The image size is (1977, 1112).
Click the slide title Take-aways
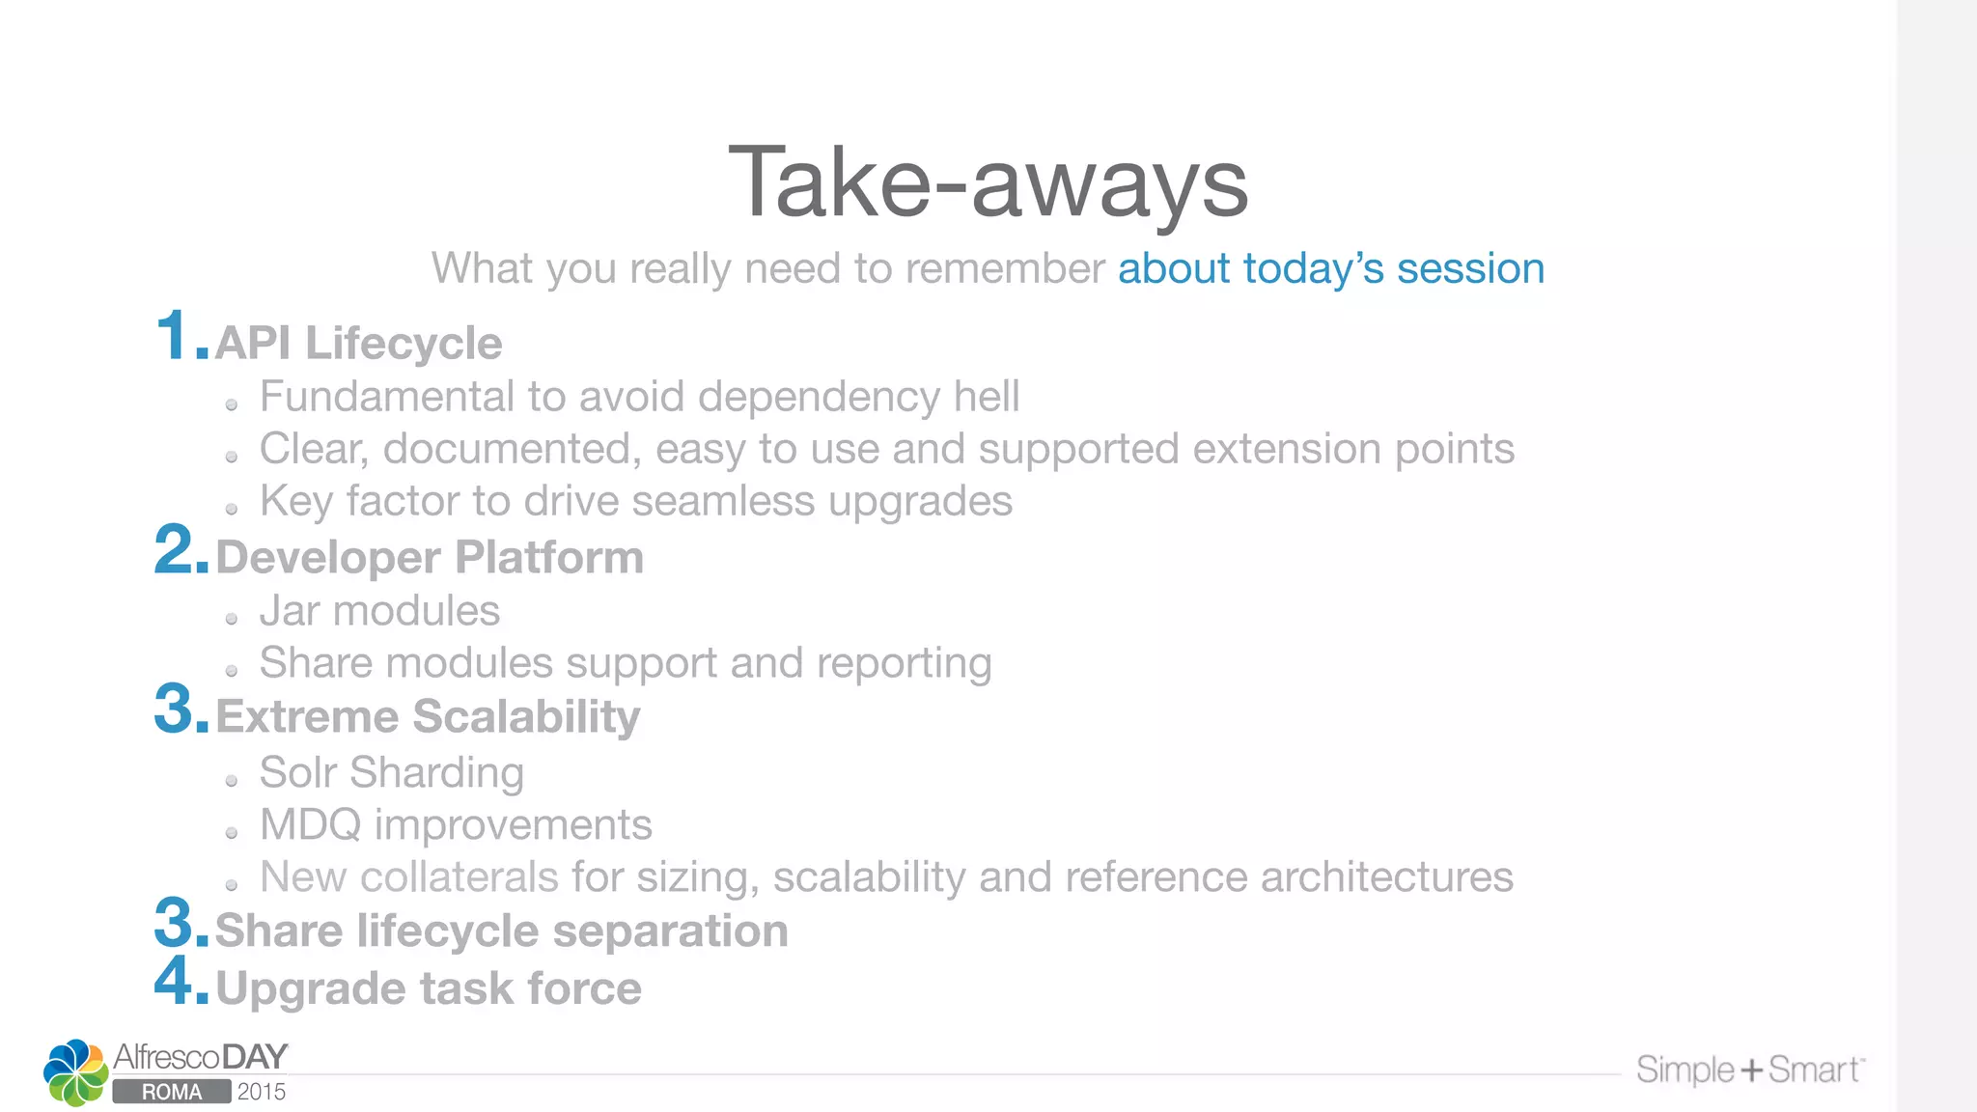(988, 183)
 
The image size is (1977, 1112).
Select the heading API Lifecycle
(358, 344)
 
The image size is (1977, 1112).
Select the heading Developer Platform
(430, 558)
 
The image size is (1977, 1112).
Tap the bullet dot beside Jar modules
(232, 619)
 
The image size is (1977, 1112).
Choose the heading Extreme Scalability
(428, 717)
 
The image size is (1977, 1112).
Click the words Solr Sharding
(392, 773)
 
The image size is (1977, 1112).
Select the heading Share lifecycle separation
(501, 931)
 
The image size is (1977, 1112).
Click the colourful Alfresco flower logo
(75, 1072)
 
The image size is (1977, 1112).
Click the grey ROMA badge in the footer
(172, 1092)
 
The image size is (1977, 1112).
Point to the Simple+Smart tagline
(1749, 1070)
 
